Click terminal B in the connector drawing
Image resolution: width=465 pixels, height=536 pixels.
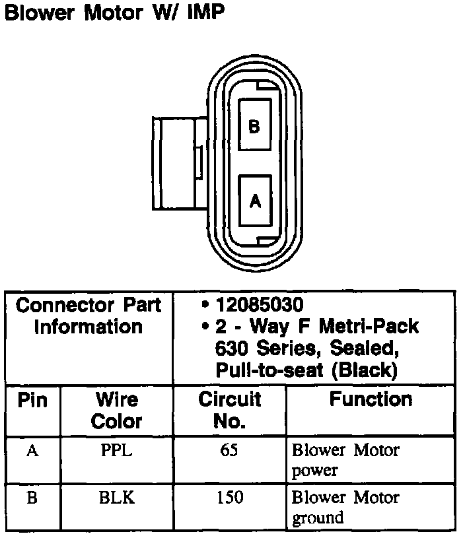[x=254, y=126]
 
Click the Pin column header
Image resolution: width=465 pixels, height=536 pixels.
[x=32, y=401]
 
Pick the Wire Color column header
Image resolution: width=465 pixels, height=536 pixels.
[x=116, y=410]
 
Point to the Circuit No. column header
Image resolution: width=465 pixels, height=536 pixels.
[x=230, y=410]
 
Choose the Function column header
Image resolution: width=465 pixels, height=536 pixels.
[x=371, y=399]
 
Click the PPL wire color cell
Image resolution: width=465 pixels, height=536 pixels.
[x=116, y=452]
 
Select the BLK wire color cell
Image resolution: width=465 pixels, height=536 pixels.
[x=116, y=498]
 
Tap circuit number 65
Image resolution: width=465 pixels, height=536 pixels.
[x=230, y=452]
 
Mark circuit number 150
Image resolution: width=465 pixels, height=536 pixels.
[x=230, y=498]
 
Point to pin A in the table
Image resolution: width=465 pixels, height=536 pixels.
[x=32, y=452]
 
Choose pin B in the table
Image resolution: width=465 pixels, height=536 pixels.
[x=32, y=498]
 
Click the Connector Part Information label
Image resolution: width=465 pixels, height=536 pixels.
[x=89, y=316]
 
